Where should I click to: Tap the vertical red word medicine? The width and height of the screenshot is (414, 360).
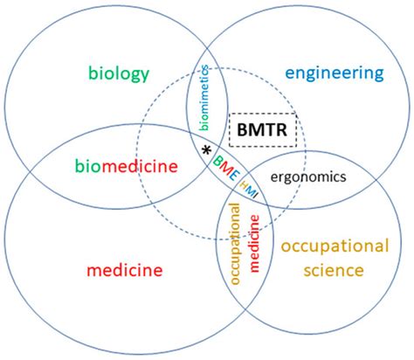(253, 246)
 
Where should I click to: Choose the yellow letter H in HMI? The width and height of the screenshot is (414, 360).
(245, 183)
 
